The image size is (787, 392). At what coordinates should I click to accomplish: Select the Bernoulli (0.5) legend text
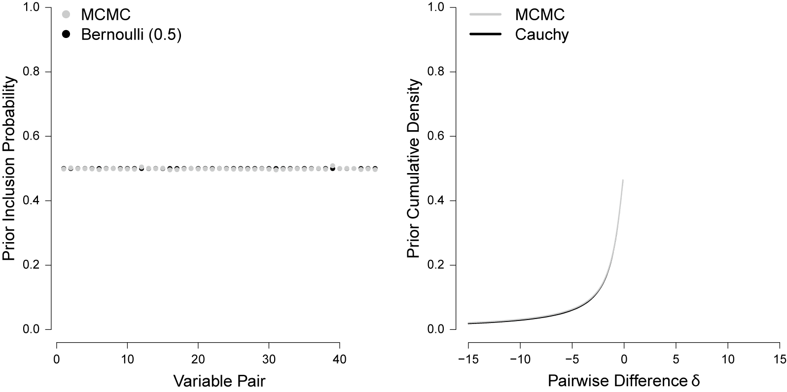pos(132,35)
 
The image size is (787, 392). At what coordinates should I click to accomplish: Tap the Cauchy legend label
pos(541,35)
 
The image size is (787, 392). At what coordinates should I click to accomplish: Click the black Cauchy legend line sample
pos(485,35)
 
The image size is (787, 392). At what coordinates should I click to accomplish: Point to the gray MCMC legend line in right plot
pos(485,14)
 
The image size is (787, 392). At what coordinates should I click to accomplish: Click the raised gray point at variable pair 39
pos(332,166)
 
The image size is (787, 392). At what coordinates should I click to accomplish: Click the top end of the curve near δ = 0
pos(623,180)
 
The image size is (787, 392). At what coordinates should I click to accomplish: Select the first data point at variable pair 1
pos(64,169)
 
